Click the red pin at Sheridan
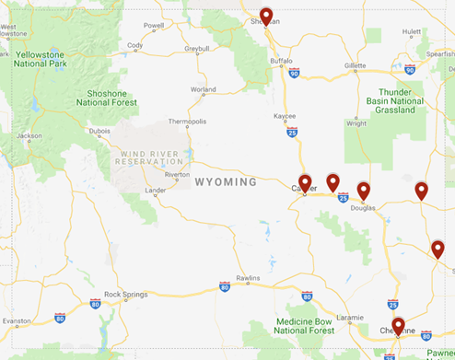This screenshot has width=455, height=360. pyautogui.click(x=266, y=16)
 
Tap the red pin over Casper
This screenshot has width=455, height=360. pyautogui.click(x=305, y=182)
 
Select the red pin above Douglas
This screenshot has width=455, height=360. pyautogui.click(x=363, y=191)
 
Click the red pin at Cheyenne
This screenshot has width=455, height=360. pyautogui.click(x=398, y=325)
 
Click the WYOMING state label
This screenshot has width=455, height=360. pyautogui.click(x=225, y=182)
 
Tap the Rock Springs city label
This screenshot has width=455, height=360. pyautogui.click(x=125, y=295)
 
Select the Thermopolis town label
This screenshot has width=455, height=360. pyautogui.click(x=187, y=122)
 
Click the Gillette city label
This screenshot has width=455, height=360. pyautogui.click(x=355, y=66)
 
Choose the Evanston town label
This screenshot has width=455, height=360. pyautogui.click(x=17, y=321)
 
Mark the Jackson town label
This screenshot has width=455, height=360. pyautogui.click(x=29, y=135)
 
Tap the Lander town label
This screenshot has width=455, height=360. pyautogui.click(x=157, y=191)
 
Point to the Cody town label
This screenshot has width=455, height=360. pyautogui.click(x=134, y=45)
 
